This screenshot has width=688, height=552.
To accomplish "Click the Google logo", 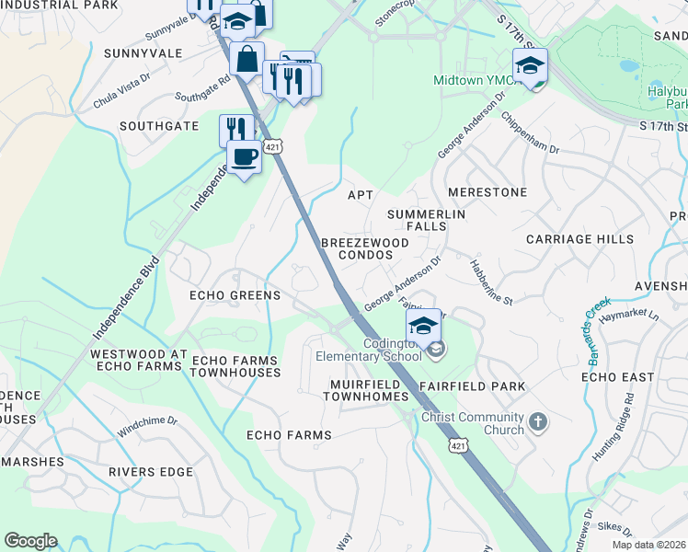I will point(30,541).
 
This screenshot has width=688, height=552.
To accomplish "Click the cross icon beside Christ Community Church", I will point(538,422).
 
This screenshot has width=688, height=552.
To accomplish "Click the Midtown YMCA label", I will point(471,80).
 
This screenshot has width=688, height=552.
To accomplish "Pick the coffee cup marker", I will point(244,156).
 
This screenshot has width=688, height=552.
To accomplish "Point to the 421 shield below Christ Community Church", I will point(454,446).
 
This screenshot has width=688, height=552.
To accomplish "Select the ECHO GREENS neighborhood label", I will point(234,295).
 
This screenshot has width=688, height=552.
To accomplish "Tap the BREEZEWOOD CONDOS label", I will point(364,248).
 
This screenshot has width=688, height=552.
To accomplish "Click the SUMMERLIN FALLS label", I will point(426,220).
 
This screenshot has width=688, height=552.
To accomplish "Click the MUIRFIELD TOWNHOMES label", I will point(365,389).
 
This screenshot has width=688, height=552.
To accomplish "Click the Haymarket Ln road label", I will point(629,316).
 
